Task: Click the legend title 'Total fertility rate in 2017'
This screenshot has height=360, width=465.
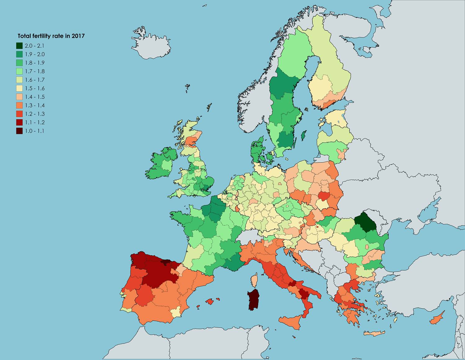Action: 51,36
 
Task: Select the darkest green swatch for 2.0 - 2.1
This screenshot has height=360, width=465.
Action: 20,46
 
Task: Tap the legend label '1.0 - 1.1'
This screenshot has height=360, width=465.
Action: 34,131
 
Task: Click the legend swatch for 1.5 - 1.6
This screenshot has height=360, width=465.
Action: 20,88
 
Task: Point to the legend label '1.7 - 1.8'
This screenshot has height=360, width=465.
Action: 35,71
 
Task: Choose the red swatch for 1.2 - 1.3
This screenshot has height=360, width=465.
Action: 20,114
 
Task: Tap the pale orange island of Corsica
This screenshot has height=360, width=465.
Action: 255,280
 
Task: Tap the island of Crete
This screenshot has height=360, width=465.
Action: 374,334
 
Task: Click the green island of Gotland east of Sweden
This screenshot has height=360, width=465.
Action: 304,135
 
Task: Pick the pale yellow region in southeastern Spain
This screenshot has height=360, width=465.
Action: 176,312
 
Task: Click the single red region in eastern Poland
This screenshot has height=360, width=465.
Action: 324,196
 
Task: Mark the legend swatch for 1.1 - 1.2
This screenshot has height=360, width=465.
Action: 20,122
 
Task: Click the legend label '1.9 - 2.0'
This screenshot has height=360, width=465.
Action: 35,54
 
